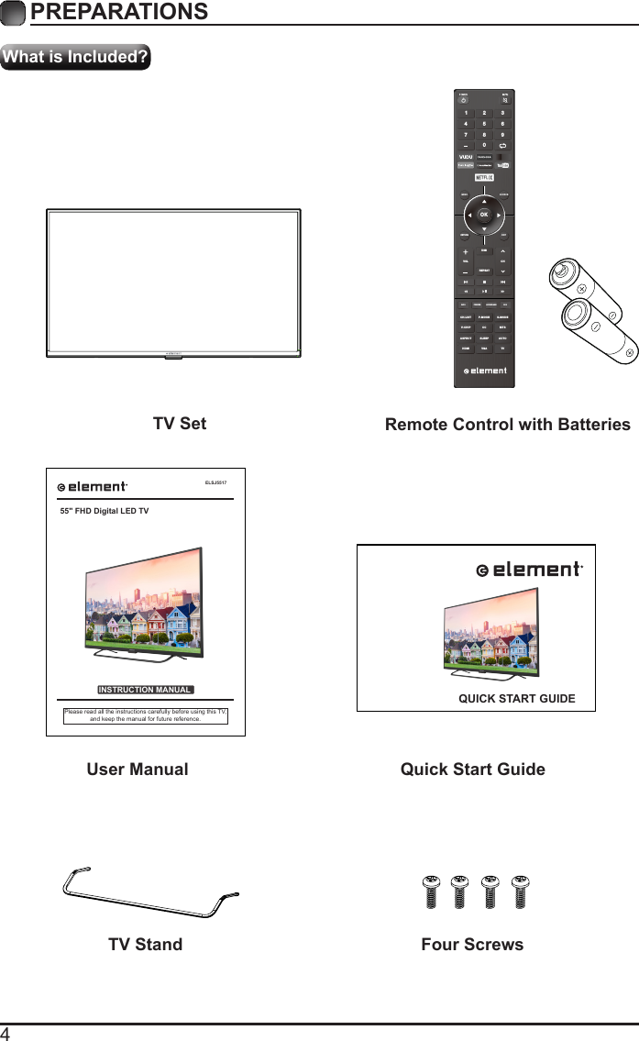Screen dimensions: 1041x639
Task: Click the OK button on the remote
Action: coord(484,216)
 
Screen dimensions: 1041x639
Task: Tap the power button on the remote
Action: coord(463,100)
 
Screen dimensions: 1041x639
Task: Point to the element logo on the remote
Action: coord(484,371)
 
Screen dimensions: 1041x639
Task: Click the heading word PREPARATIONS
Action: coord(118,12)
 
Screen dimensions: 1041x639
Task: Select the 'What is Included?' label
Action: coord(76,57)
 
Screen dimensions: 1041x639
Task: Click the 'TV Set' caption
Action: coord(180,424)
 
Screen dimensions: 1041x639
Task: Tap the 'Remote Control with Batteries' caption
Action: coord(507,425)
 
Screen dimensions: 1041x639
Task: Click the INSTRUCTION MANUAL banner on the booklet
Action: coord(145,690)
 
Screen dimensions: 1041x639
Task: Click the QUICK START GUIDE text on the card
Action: coord(516,699)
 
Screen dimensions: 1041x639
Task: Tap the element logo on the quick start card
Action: coord(529,570)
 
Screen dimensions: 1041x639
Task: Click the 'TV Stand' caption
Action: coord(145,944)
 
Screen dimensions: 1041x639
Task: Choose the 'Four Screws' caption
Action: coord(472,944)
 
